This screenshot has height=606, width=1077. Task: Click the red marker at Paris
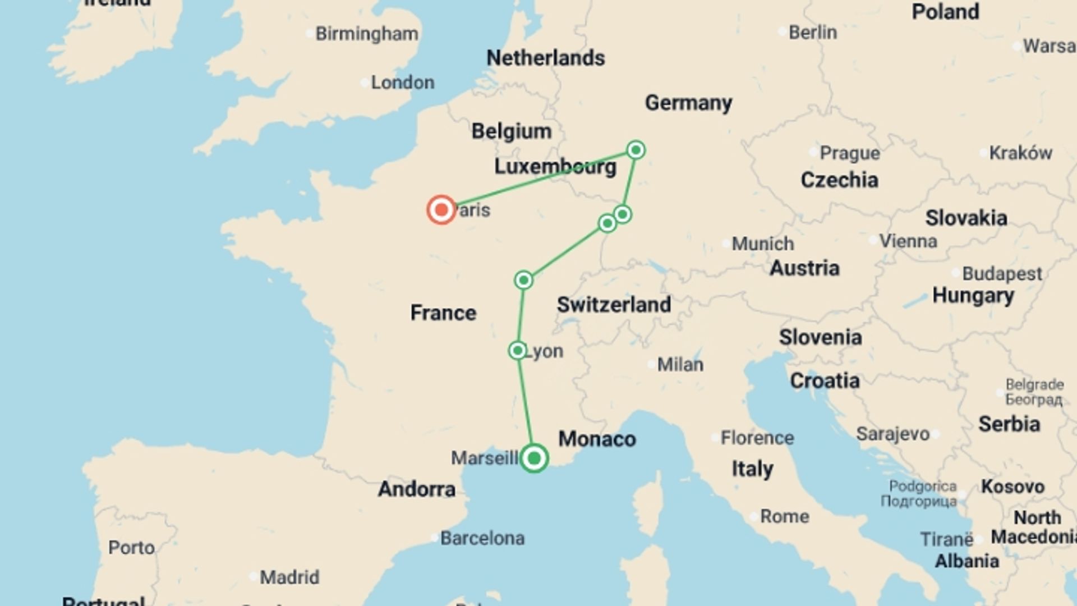click(x=441, y=210)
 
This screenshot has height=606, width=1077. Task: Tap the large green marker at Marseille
click(x=533, y=458)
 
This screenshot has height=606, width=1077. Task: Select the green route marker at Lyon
click(x=517, y=351)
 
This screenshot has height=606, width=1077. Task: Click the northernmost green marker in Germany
click(x=636, y=150)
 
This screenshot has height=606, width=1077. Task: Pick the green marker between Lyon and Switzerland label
click(x=523, y=279)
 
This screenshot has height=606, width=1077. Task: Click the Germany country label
click(x=688, y=103)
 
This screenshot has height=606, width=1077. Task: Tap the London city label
click(x=402, y=82)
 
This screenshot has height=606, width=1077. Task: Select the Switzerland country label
click(x=614, y=305)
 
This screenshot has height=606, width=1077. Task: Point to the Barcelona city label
click(x=482, y=538)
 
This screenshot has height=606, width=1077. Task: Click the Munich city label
click(x=762, y=244)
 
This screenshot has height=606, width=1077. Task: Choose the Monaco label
click(x=597, y=439)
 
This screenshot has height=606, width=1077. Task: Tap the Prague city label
click(x=849, y=153)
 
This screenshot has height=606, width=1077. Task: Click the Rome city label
click(x=784, y=516)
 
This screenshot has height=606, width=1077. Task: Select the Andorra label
click(x=416, y=489)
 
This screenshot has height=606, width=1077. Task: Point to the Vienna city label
click(x=908, y=241)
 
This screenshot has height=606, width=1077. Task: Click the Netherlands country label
click(x=545, y=58)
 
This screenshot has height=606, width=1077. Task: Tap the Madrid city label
click(x=289, y=577)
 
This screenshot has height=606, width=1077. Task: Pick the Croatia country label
click(x=824, y=380)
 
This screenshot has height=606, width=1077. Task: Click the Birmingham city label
click(x=366, y=34)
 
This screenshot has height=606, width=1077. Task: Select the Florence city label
click(x=757, y=438)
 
